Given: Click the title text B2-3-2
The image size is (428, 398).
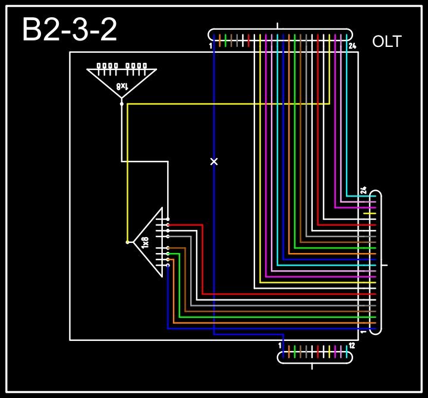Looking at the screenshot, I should pyautogui.click(x=70, y=30).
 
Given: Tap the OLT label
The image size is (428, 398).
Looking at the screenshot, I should pyautogui.click(x=386, y=42).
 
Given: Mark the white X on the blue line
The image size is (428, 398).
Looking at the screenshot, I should pyautogui.click(x=214, y=162).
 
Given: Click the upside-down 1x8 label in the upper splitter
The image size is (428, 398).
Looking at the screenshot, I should pyautogui.click(x=122, y=86).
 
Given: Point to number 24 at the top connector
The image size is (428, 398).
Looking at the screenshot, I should pyautogui.click(x=352, y=46).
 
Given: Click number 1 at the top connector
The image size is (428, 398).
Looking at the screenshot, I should pyautogui.click(x=211, y=46).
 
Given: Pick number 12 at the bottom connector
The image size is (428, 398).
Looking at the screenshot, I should pyautogui.click(x=351, y=345).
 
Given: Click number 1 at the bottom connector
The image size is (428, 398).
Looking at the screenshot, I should pyautogui.click(x=279, y=345).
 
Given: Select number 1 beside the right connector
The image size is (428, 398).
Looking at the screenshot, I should pyautogui.click(x=363, y=332).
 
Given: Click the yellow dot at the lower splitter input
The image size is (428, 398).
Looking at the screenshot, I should pyautogui.click(x=127, y=242).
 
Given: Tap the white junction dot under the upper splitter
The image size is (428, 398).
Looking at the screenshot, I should pyautogui.click(x=122, y=104).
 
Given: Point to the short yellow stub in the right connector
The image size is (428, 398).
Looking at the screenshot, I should pyautogui.click(x=370, y=213).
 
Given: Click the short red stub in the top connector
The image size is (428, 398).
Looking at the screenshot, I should pyautogui.click(x=248, y=40).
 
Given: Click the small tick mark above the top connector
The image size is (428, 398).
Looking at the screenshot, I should pyautogui.click(x=278, y=26).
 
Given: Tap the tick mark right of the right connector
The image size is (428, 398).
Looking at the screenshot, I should pyautogui.click(x=385, y=265).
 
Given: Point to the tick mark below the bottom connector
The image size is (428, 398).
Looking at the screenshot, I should pyautogui.click(x=313, y=367).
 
